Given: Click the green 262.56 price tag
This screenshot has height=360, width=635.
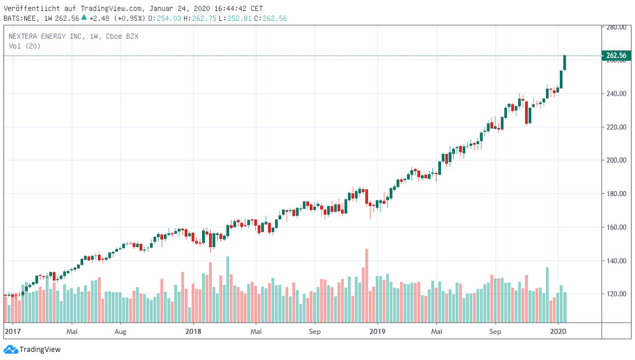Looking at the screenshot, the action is click(x=616, y=55).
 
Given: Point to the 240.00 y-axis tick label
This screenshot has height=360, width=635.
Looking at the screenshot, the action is click(x=617, y=93).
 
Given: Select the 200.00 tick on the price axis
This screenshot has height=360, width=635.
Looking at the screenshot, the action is click(x=617, y=160).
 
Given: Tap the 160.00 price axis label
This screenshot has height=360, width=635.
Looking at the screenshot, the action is click(x=617, y=227).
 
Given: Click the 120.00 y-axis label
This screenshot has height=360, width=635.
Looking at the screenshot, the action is click(x=617, y=294).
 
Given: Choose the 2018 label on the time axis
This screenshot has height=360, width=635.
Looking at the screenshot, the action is click(x=193, y=332).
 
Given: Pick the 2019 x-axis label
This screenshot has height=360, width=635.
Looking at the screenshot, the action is click(x=378, y=332).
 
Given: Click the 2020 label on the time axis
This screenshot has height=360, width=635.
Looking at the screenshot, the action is click(x=558, y=332).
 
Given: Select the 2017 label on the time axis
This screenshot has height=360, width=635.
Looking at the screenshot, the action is click(x=13, y=332).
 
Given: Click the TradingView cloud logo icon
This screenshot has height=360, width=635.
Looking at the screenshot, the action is click(x=10, y=350).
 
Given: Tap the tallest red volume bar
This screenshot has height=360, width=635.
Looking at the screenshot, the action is click(x=367, y=286).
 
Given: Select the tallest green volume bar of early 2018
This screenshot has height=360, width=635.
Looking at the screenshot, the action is click(x=227, y=289).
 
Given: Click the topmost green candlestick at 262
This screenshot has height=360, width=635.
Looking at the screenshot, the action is click(x=565, y=63).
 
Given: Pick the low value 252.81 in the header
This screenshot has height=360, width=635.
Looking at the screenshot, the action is click(x=239, y=18).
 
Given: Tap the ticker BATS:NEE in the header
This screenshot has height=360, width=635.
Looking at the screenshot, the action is click(x=20, y=18).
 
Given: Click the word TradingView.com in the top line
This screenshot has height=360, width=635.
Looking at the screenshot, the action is click(x=111, y=9).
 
